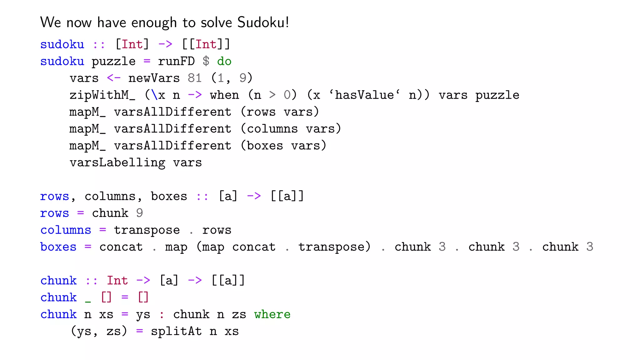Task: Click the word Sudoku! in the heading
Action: click(263, 22)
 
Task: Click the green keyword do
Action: click(224, 61)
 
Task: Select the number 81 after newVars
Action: click(194, 78)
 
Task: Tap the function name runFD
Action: click(176, 61)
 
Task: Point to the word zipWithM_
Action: click(102, 95)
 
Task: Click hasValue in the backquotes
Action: click(364, 95)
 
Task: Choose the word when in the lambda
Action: click(224, 95)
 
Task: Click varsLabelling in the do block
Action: click(117, 163)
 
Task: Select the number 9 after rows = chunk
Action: click(139, 213)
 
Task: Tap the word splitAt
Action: click(176, 331)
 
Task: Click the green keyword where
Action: click(272, 314)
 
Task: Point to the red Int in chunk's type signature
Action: click(117, 281)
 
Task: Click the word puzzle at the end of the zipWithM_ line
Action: click(497, 95)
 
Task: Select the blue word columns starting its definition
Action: click(66, 230)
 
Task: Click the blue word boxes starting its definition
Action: click(58, 247)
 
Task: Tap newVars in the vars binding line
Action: click(154, 78)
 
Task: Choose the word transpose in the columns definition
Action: click(147, 230)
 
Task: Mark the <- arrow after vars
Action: click(113, 78)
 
